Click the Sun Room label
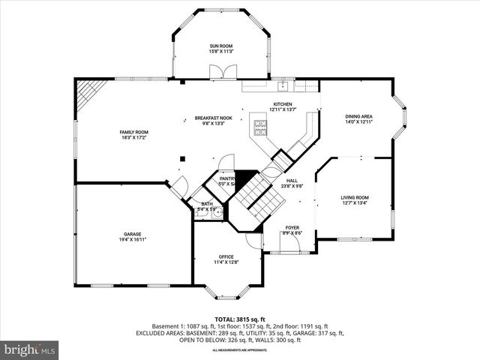(x=221, y=46)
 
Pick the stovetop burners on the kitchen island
(x=262, y=129)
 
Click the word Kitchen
(x=282, y=104)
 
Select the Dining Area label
(x=358, y=116)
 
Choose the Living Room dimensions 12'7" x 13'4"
(x=355, y=202)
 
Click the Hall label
(x=291, y=180)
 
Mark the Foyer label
(x=292, y=228)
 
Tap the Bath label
(x=206, y=204)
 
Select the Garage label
(x=132, y=234)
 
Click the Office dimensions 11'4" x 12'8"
(x=226, y=262)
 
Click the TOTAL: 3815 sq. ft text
(x=239, y=319)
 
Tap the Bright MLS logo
(x=30, y=349)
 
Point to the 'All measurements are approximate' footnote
(x=239, y=350)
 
